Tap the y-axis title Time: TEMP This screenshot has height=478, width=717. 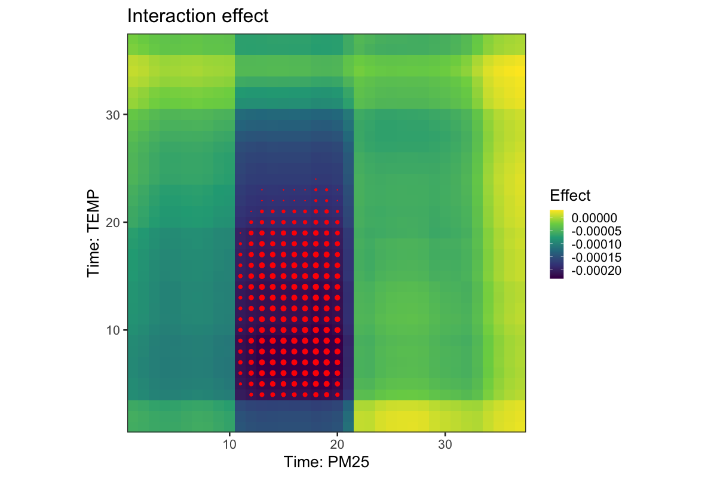(93, 234)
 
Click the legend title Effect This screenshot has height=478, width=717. (570, 195)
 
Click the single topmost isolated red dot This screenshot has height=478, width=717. (316, 179)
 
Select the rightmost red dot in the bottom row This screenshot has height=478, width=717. (338, 394)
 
